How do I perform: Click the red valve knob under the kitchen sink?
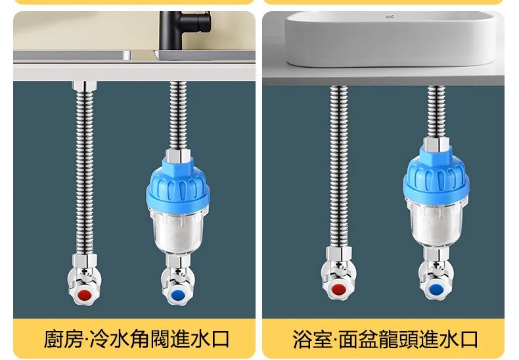click(x=85, y=295)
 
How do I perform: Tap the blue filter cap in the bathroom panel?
click(x=436, y=175)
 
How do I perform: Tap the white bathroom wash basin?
click(x=391, y=39)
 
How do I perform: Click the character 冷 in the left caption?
click(x=99, y=339)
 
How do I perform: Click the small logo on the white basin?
click(x=390, y=16)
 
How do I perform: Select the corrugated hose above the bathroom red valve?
click(x=339, y=166)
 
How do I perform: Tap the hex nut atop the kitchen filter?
click(x=178, y=156)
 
